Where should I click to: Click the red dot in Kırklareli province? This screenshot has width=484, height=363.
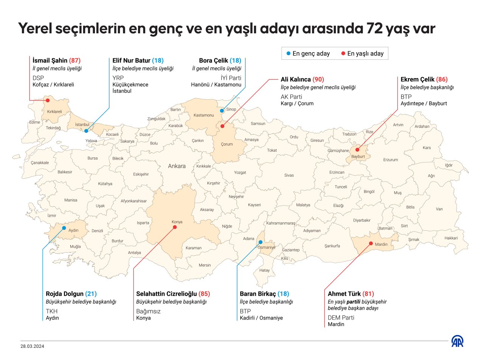[x=48, y=101]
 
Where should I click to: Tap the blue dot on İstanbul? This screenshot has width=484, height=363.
[x=86, y=131]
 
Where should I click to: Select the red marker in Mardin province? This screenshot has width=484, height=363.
[x=371, y=243]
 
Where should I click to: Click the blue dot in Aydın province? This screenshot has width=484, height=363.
[x=64, y=228]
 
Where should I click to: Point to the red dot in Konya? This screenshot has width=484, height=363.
[x=175, y=227]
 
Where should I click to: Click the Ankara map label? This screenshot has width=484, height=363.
[x=177, y=166]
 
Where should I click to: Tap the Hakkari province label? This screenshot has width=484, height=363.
[x=451, y=238]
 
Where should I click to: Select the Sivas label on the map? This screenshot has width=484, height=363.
[x=289, y=175]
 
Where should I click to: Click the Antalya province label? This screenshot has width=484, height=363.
[x=134, y=253]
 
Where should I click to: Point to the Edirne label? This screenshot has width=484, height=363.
[x=34, y=123]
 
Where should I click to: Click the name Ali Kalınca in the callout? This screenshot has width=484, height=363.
[x=296, y=79]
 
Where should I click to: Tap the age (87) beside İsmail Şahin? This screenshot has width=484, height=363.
[x=74, y=60]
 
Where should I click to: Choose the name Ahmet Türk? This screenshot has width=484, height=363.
[x=344, y=294]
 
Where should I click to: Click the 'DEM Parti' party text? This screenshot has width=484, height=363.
[x=341, y=318]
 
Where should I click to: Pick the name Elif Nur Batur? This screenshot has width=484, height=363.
[x=131, y=60]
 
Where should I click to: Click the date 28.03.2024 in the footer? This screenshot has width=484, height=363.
[x=32, y=346]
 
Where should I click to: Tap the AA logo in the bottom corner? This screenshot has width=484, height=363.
[x=457, y=341]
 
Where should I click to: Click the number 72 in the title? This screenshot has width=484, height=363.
[x=374, y=29]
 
